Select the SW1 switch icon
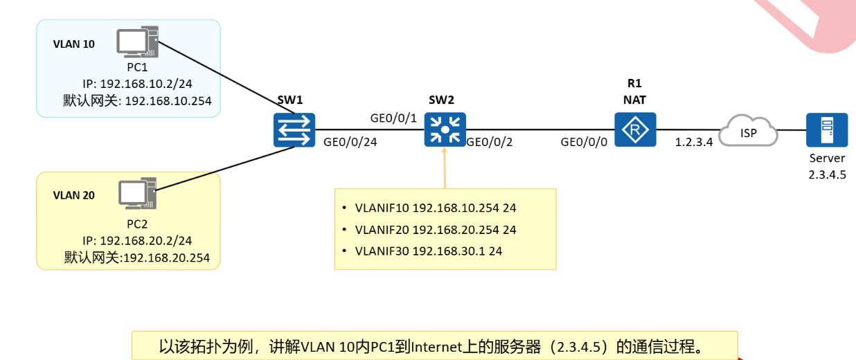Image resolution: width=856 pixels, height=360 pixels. [x=294, y=130]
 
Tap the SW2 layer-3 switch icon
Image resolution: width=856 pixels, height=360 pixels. [x=445, y=130]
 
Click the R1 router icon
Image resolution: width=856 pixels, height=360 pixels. [x=635, y=130]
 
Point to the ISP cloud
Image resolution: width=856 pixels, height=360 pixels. [x=748, y=132]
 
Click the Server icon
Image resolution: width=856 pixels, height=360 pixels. [x=827, y=130]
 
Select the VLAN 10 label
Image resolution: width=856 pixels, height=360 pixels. [x=73, y=44]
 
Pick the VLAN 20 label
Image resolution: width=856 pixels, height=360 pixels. [x=73, y=195]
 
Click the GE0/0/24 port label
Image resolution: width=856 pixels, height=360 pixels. [x=350, y=143]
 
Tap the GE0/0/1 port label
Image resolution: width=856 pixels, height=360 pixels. [x=393, y=118]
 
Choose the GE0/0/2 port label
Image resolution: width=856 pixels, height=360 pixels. [x=490, y=143]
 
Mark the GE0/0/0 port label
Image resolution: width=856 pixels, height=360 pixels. [x=585, y=143]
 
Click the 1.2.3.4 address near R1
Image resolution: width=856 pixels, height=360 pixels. [x=694, y=143]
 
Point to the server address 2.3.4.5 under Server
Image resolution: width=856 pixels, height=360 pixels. [x=827, y=174]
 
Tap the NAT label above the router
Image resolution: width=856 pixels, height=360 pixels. [x=634, y=100]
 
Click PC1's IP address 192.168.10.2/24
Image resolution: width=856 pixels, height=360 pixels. [x=136, y=84]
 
